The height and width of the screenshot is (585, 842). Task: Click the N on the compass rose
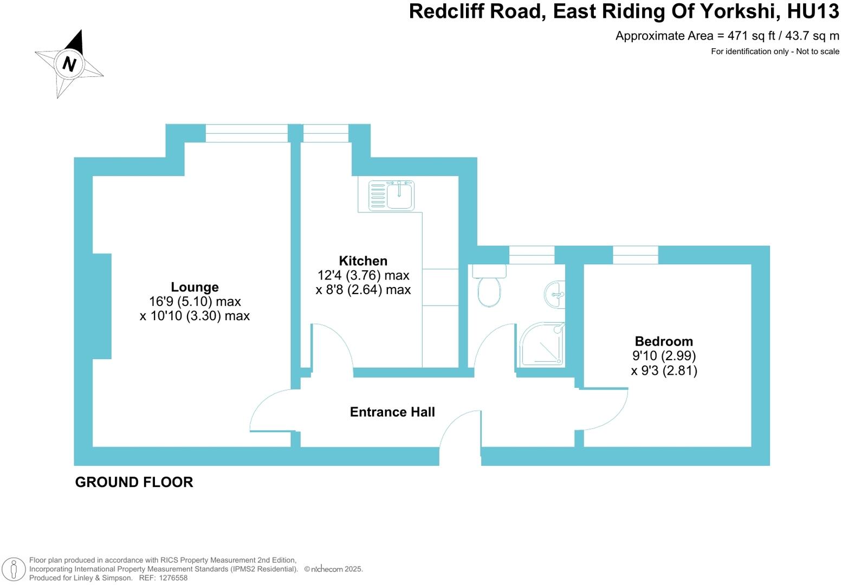(x=69, y=63)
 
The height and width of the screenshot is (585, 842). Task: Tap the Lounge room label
(x=195, y=287)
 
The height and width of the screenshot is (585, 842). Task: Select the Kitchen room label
(x=363, y=261)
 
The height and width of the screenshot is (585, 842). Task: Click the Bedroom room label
(x=664, y=341)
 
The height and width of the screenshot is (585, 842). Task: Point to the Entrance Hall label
(x=392, y=412)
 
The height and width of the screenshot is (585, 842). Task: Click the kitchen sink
(x=392, y=195)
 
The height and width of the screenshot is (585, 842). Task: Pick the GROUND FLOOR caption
(x=134, y=482)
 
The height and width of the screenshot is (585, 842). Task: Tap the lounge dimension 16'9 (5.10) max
(x=195, y=302)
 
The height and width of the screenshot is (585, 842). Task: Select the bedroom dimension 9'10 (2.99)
(x=664, y=356)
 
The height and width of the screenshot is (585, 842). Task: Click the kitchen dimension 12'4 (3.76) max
(x=363, y=275)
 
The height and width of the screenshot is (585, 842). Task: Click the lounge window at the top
(x=247, y=133)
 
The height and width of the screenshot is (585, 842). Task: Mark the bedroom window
(x=636, y=255)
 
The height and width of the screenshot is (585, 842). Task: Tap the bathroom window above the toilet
(x=532, y=255)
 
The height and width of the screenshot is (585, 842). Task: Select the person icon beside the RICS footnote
(x=14, y=569)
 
